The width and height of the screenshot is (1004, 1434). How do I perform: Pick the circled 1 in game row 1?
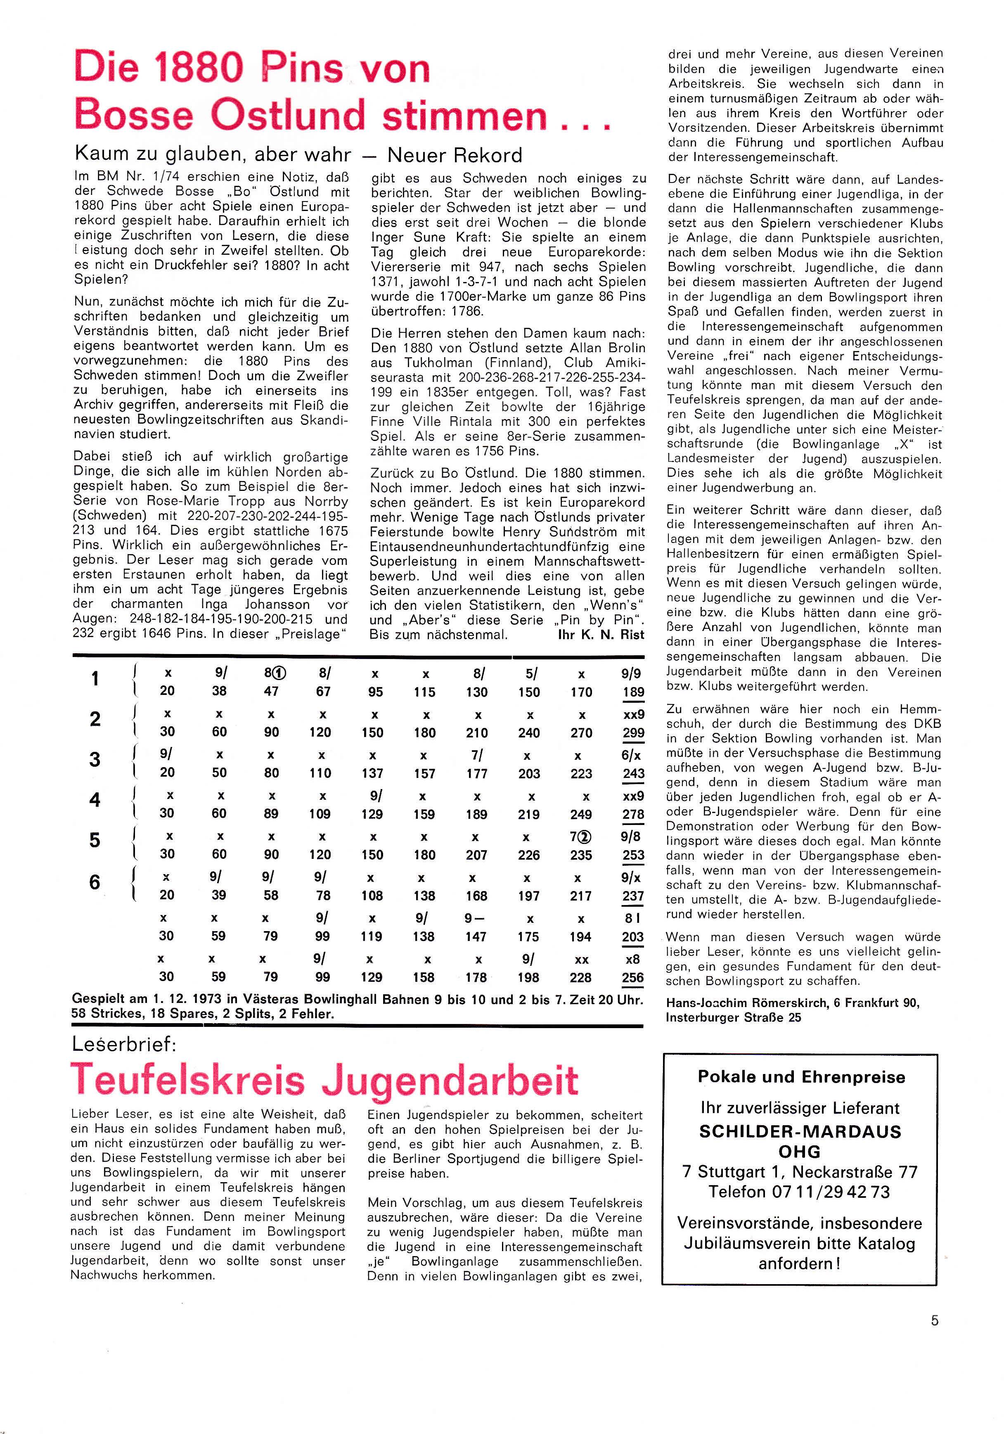279,673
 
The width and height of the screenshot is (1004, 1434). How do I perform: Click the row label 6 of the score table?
95,882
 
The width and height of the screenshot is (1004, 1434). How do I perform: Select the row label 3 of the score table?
95,759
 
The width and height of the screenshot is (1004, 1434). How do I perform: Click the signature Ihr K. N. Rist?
601,635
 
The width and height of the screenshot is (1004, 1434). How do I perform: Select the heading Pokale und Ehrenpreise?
800,1077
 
